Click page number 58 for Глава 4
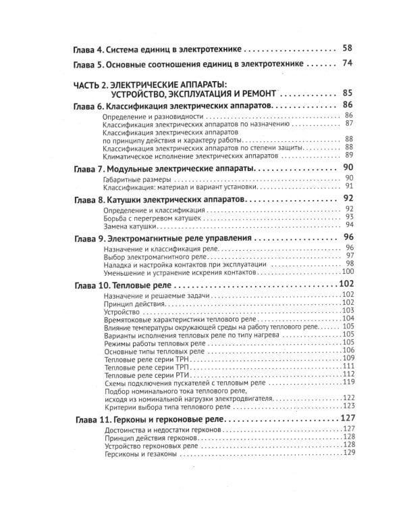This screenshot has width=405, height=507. coord(348,49)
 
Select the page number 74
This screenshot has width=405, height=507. coord(348,65)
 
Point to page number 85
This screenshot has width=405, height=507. coord(348,93)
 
